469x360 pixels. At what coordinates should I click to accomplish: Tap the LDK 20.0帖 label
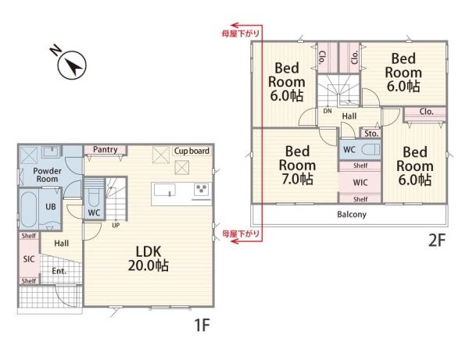click(x=149, y=258)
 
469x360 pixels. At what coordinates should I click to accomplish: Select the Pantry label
click(x=105, y=149)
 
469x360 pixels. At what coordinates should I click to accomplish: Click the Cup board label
click(x=192, y=151)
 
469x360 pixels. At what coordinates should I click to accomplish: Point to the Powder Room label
click(x=47, y=175)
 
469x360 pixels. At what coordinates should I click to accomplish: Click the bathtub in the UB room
click(x=29, y=209)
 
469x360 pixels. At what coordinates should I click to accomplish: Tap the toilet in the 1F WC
click(x=94, y=194)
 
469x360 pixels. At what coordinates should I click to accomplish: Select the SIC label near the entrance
click(x=29, y=259)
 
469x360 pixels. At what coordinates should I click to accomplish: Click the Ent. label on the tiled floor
click(x=59, y=271)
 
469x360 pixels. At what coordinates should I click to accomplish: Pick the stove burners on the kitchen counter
click(x=201, y=189)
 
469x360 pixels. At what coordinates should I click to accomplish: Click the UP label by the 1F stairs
click(x=116, y=225)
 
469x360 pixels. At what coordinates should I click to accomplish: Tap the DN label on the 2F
click(x=328, y=111)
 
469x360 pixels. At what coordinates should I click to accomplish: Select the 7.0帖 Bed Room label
click(x=297, y=166)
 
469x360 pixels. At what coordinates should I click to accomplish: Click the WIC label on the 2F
click(x=360, y=182)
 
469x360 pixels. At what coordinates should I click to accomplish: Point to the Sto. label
click(x=371, y=134)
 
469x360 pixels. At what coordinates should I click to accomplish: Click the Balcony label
click(x=352, y=214)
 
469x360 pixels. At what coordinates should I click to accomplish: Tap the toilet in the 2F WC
click(x=370, y=149)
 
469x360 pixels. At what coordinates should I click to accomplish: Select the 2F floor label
click(x=437, y=240)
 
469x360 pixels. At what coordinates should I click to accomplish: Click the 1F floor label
click(x=202, y=325)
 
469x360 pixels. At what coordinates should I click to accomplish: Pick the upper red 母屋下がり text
click(x=240, y=34)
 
